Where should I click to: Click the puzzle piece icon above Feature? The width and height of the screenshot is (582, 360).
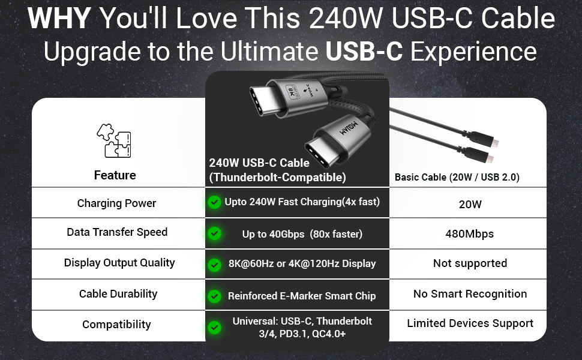[115, 140]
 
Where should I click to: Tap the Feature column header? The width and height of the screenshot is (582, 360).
[115, 175]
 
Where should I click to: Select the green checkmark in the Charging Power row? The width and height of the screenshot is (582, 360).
[215, 202]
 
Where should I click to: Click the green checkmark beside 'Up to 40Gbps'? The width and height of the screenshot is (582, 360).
[215, 233]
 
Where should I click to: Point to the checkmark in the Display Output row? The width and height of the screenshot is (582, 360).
[215, 265]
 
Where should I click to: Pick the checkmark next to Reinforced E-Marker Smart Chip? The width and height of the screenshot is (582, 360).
[215, 296]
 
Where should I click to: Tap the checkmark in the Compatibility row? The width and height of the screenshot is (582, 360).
[215, 328]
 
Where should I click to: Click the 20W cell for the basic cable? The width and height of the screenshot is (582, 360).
[470, 204]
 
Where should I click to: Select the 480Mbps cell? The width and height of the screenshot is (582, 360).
[470, 234]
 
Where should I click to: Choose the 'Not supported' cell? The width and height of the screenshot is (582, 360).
[470, 263]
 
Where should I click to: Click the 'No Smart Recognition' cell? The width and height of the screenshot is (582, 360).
[470, 293]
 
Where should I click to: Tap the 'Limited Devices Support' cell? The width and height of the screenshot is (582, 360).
[470, 323]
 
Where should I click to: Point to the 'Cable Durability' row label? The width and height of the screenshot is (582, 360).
[118, 293]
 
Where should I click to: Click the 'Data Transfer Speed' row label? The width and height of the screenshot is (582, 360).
[117, 232]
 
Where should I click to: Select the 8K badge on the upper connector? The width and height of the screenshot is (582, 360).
[292, 91]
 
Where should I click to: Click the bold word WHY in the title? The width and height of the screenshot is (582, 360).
[59, 18]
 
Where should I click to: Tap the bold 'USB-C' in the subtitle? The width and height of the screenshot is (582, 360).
[364, 51]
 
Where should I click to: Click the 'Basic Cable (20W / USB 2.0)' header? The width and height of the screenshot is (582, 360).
[457, 177]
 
